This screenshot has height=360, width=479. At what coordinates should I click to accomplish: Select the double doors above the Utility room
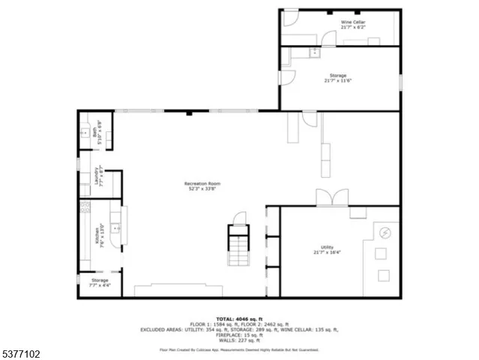(331, 198)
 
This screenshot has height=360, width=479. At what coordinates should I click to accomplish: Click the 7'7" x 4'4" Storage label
(99, 283)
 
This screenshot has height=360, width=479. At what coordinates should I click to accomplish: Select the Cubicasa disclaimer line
(239, 349)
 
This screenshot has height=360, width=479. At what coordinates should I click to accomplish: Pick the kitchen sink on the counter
(116, 229)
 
